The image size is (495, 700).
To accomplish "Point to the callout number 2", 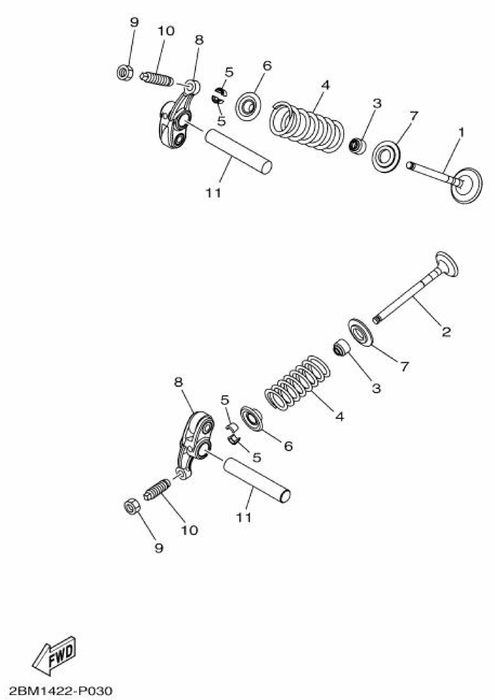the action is pyautogui.click(x=446, y=331).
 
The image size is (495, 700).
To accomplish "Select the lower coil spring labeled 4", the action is pyautogui.click(x=297, y=383).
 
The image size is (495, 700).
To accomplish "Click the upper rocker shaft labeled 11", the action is pyautogui.click(x=238, y=151).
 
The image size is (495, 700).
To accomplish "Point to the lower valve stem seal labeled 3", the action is pyautogui.click(x=342, y=348).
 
